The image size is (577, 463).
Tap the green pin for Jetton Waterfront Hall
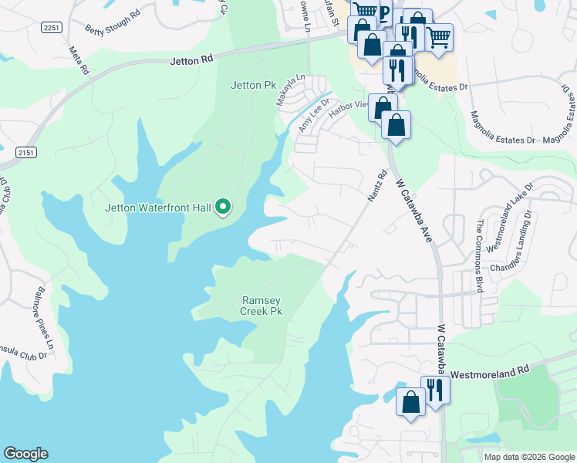coord(223,207)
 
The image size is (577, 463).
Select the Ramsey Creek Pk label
coord(262,306)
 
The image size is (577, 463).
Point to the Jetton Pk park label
coord(252,85)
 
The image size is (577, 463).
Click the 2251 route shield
coord(52,27)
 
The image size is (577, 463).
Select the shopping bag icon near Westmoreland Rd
coord(410,401)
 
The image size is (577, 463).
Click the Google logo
coord(25,454)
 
